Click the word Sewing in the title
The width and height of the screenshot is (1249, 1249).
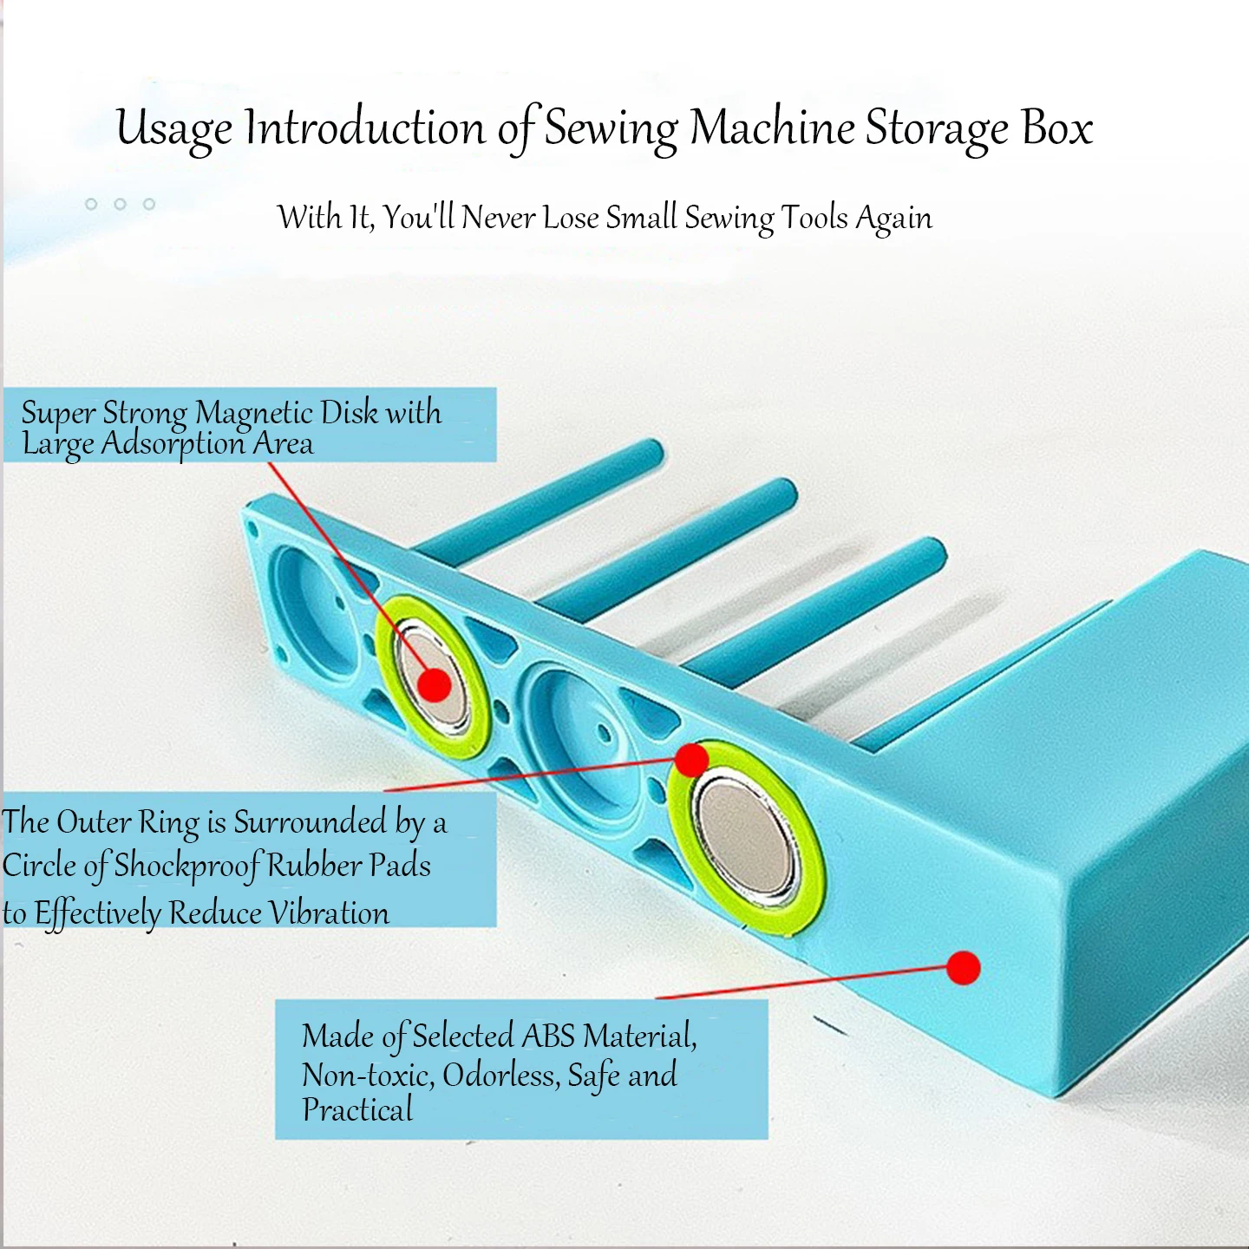point(610,129)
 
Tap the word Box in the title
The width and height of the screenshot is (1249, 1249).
point(1057,128)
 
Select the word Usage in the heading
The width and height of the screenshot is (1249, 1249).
point(173,129)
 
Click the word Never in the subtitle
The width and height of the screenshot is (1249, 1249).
point(498,217)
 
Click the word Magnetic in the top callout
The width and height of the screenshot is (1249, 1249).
point(253,414)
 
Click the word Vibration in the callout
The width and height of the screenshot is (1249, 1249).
point(329,913)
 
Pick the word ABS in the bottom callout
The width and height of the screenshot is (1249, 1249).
point(548,1036)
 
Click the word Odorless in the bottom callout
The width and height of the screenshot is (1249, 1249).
point(500,1076)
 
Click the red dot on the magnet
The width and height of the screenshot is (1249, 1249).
point(434,684)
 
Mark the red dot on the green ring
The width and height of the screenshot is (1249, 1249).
point(691,760)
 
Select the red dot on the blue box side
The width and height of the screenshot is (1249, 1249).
point(963,967)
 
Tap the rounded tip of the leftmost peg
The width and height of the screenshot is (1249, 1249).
point(649,452)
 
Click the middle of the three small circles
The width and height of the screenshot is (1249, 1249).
point(120,204)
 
